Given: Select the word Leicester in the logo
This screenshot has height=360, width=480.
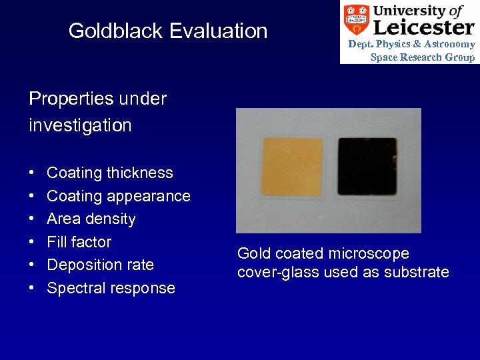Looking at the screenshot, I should pyautogui.click(x=423, y=27).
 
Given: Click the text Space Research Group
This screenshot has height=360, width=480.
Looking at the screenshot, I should pyautogui.click(x=423, y=57).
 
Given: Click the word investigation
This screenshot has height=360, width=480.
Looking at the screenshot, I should pyautogui.click(x=80, y=125).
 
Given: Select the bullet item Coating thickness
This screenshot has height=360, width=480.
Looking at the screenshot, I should pyautogui.click(x=110, y=173).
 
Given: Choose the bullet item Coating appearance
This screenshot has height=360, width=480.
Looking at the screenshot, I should pyautogui.click(x=119, y=196).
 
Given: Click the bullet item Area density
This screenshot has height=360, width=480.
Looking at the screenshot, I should pyautogui.click(x=91, y=219).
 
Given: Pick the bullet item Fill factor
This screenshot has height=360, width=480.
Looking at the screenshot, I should pyautogui.click(x=79, y=242).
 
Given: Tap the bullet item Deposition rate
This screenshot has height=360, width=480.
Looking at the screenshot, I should pyautogui.click(x=101, y=265).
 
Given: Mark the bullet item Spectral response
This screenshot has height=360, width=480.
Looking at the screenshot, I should pyautogui.click(x=111, y=288).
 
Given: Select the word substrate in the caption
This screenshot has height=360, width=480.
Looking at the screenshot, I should pyautogui.click(x=417, y=272).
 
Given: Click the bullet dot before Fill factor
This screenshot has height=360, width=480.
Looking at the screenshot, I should pyautogui.click(x=32, y=242).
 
